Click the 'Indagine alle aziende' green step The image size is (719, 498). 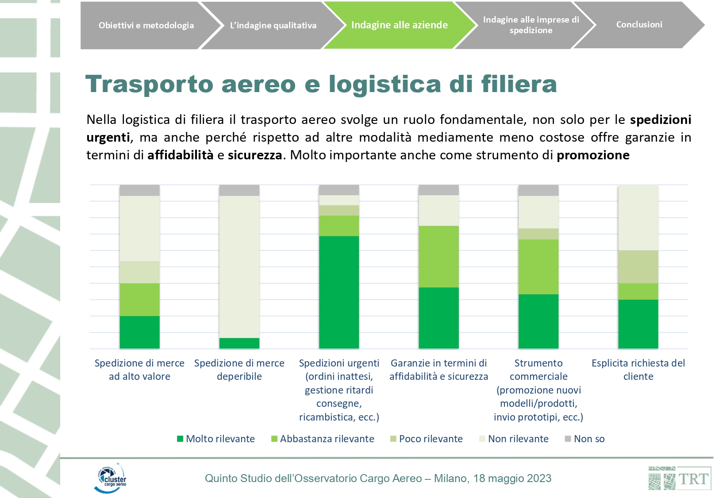[x=399, y=25]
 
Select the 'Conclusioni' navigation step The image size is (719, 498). [x=639, y=25]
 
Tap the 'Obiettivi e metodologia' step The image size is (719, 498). [x=146, y=25]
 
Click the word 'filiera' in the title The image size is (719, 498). [x=519, y=84]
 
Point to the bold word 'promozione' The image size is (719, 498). [x=593, y=155]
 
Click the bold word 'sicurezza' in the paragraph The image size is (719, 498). [x=255, y=155]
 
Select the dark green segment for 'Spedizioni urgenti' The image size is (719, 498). [x=339, y=292]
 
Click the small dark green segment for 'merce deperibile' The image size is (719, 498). [x=239, y=343]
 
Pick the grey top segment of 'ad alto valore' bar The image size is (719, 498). [x=140, y=190]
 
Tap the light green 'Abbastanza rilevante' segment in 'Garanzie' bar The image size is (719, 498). [x=439, y=257]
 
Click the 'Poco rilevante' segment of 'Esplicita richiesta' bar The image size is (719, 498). [x=638, y=267]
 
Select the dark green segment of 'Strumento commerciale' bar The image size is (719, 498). [x=538, y=321]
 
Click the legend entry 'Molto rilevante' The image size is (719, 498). [x=216, y=439]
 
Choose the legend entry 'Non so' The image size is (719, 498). [x=584, y=439]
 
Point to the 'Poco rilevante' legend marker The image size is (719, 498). [x=393, y=439]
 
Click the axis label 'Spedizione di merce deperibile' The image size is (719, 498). [x=239, y=370]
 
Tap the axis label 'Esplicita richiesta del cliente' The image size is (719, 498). [x=638, y=370]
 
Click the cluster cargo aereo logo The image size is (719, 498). [x=110, y=478]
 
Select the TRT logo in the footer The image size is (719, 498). [x=679, y=479]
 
